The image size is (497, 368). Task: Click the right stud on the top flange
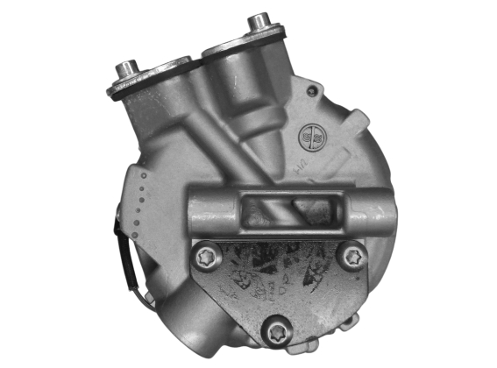[x=259, y=21]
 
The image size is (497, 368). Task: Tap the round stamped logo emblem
[x=311, y=136]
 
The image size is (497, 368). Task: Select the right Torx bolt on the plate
[x=351, y=257]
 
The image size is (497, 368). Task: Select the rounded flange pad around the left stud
[x=149, y=79]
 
